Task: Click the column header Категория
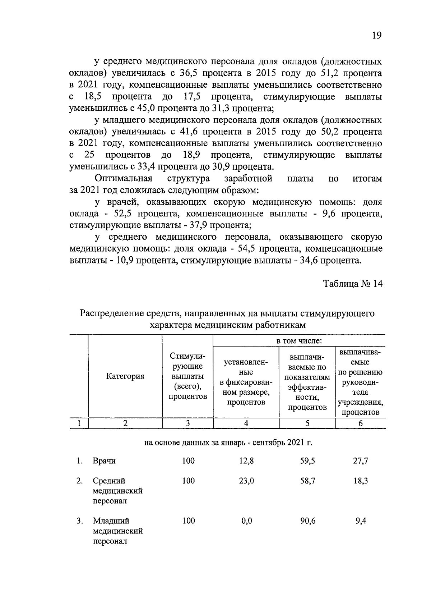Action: pyautogui.click(x=125, y=376)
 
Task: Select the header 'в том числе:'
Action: pyautogui.click(x=299, y=340)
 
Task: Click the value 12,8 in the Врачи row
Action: pyautogui.click(x=246, y=461)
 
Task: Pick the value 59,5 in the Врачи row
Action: pyautogui.click(x=307, y=461)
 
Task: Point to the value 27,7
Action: pyautogui.click(x=360, y=461)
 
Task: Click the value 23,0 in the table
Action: pyautogui.click(x=246, y=481)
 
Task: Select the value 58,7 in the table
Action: pyautogui.click(x=307, y=481)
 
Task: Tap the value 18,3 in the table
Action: pyautogui.click(x=360, y=481)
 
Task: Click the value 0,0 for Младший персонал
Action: pyautogui.click(x=246, y=521)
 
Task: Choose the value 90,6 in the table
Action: pyautogui.click(x=307, y=521)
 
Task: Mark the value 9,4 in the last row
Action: pyautogui.click(x=361, y=521)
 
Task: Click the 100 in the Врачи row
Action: pyautogui.click(x=188, y=461)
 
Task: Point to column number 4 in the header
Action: pyautogui.click(x=246, y=423)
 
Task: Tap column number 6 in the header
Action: pyautogui.click(x=360, y=423)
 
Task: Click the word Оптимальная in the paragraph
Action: pyautogui.click(x=124, y=179)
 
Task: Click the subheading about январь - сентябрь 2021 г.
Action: pyautogui.click(x=228, y=442)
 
